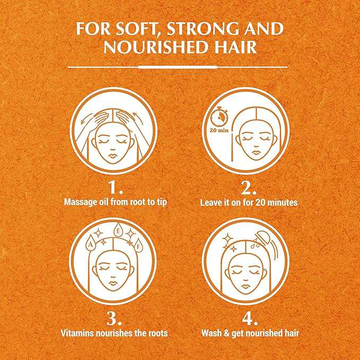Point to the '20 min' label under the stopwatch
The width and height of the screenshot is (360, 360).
tap(219, 130)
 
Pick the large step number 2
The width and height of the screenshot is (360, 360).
tap(249, 188)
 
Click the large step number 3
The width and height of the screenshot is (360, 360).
tap(113, 318)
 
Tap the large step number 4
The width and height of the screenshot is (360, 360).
tap(249, 318)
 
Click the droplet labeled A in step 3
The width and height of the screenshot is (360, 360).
tap(91, 243)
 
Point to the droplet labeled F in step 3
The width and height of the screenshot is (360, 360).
tap(138, 245)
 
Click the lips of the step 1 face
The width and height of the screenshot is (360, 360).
tap(113, 155)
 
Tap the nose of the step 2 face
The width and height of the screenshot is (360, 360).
tap(255, 146)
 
